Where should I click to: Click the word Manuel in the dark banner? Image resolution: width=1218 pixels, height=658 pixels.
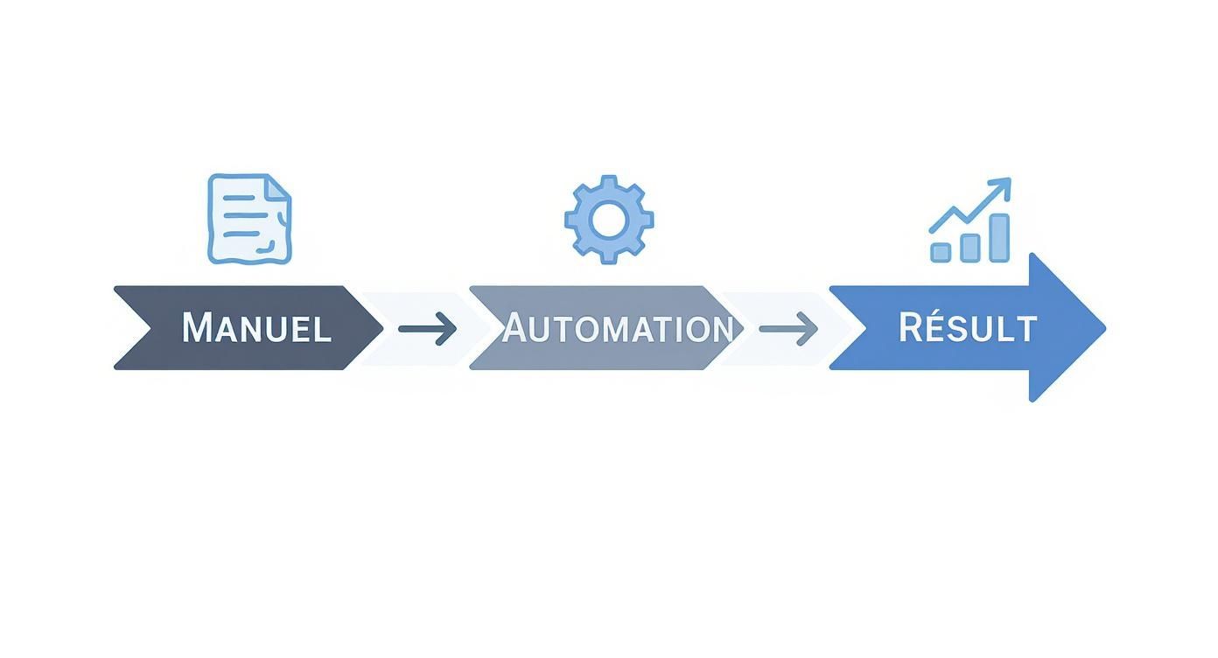(256, 328)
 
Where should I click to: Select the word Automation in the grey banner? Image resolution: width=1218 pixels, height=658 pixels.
(618, 328)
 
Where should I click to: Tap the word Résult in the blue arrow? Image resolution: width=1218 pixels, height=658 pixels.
(967, 328)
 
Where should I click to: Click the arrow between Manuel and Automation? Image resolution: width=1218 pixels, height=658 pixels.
(428, 329)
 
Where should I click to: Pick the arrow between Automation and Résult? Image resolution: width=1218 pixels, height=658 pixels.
(788, 329)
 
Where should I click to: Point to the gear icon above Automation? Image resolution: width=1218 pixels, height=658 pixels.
(609, 220)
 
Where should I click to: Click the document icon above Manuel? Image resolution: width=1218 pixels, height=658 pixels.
(249, 219)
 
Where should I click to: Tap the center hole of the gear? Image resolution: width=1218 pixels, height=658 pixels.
(609, 220)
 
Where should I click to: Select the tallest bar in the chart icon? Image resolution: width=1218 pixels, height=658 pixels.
(998, 238)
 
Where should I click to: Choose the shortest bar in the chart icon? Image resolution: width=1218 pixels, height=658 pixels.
(941, 252)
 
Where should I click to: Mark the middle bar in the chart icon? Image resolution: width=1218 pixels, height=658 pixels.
(969, 247)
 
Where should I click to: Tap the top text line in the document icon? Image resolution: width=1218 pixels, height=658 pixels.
(241, 198)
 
